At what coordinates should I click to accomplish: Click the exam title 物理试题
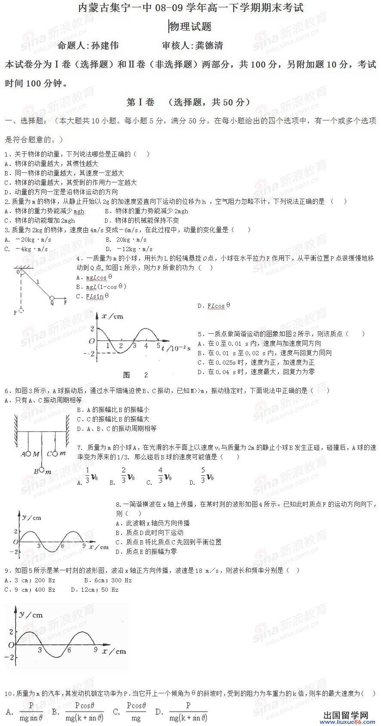pos(190,27)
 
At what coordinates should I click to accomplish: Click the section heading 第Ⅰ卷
pos(140,102)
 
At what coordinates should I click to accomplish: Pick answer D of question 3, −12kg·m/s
pos(129,249)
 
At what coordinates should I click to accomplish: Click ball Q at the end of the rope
pos(52,298)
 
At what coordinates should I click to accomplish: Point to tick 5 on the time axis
pos(158,345)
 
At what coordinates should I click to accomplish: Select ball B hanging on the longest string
pos(42,470)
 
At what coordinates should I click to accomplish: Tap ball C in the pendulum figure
pos(55,453)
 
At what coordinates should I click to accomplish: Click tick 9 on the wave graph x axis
pos(84,546)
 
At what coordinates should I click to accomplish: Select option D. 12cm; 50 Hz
pos(94,590)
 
